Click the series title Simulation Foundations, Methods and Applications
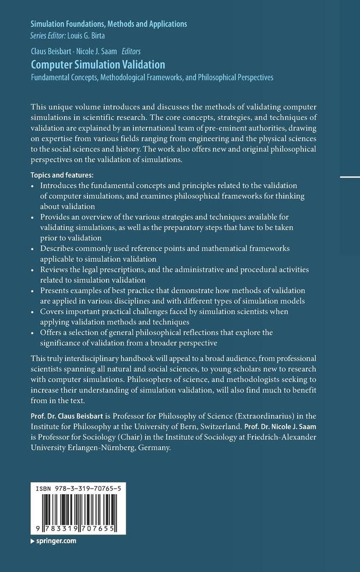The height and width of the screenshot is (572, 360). [x=109, y=24]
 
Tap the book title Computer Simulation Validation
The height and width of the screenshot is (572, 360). [x=98, y=64]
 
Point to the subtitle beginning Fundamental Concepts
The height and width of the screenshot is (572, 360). [x=152, y=77]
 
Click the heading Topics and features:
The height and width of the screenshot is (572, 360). [x=62, y=174]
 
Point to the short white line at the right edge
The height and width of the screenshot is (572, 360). [x=349, y=177]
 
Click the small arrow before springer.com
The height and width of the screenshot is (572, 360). [x=33, y=541]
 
